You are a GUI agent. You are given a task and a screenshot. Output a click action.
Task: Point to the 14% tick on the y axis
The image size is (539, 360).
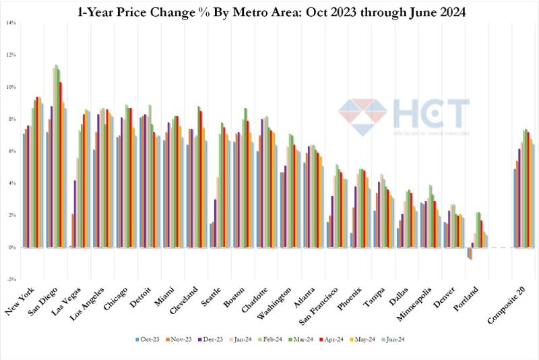pos(11,22)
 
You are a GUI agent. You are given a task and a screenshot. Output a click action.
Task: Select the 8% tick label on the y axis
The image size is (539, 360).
pos(11,119)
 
